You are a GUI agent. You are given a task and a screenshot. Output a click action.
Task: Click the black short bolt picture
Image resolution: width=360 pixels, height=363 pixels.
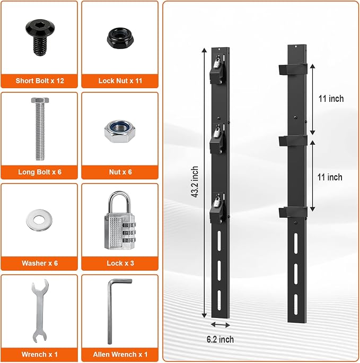tap(40, 37)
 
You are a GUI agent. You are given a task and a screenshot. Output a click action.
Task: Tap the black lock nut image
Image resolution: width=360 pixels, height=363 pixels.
tap(120, 38)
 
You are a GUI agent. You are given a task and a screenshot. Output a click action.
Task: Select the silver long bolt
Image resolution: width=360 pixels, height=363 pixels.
tap(40, 129)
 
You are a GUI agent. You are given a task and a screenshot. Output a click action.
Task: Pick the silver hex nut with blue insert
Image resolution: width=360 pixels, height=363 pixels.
tap(119, 131)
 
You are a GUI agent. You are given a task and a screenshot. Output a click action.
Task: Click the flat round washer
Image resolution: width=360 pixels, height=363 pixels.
tap(39, 220)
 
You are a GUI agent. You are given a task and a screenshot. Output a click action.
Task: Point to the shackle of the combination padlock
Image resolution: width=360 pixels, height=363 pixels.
tap(119, 201)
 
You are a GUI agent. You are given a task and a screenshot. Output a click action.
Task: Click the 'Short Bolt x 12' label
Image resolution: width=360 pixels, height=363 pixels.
tap(40, 81)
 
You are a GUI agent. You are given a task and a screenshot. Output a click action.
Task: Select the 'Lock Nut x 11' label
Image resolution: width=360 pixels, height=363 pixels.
tap(120, 81)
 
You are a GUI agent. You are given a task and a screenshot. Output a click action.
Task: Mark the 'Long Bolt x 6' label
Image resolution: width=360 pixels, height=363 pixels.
tap(40, 172)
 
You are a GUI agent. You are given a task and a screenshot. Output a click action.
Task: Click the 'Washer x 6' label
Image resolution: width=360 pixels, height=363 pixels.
tap(40, 263)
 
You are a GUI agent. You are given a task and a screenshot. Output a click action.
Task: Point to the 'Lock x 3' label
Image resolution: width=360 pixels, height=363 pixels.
tap(120, 263)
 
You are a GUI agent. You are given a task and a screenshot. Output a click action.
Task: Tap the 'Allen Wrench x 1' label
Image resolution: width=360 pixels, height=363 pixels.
tap(120, 355)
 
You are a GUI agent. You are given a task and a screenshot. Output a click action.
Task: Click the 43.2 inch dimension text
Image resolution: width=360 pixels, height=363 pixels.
tap(195, 181)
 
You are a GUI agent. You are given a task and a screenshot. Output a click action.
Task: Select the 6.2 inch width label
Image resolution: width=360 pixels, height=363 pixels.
tap(220, 340)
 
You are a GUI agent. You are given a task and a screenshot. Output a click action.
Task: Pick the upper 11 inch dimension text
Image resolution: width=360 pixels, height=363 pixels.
tap(331, 99)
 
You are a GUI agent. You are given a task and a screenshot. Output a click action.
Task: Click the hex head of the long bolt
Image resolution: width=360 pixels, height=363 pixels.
tap(40, 100)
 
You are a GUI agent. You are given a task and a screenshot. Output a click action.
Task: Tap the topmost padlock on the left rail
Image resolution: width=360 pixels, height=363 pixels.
tap(217, 62)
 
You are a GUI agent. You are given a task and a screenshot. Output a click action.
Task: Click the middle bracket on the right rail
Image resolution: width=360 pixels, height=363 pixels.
tap(293, 141)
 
